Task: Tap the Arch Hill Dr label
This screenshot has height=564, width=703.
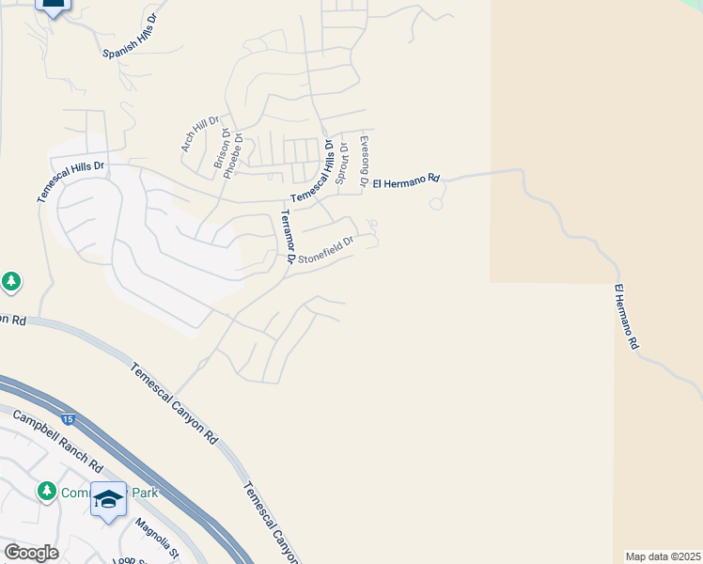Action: (x=199, y=134)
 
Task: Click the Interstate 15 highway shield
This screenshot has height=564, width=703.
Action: (x=67, y=417)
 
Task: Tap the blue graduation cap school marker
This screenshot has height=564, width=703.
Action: (x=108, y=499)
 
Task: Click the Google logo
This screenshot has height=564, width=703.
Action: (x=31, y=553)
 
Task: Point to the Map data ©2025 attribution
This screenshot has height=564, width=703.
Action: (x=663, y=556)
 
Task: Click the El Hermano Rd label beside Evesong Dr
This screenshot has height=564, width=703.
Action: (x=406, y=179)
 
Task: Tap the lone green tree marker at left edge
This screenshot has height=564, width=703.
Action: (x=11, y=281)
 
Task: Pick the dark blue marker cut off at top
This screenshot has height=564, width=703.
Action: (x=53, y=7)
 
